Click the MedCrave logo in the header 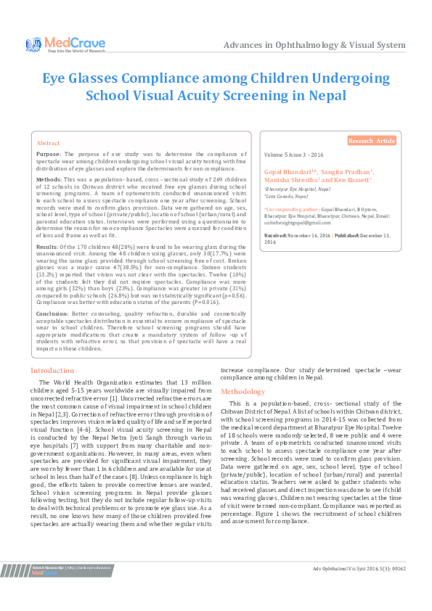point(66,45)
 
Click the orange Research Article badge point(371,141)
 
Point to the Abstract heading point(48,144)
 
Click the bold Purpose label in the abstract point(49,155)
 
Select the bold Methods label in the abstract point(49,178)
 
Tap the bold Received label point(275,236)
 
